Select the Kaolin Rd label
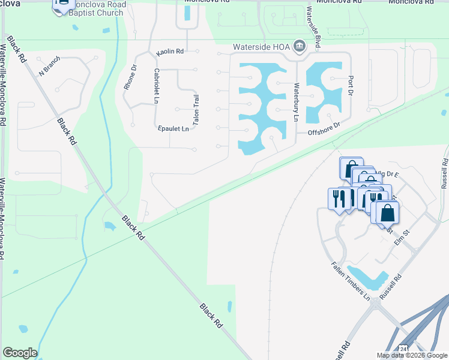[169, 52]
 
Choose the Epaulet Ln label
[173, 128]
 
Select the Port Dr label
[349, 86]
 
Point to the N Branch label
[50, 70]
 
